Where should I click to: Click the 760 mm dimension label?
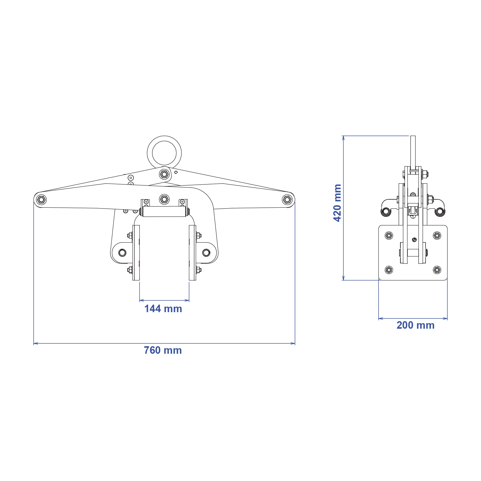(163, 350)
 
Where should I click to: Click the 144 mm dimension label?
(163, 309)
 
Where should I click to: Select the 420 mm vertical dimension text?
(337, 203)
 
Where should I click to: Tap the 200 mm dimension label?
(415, 325)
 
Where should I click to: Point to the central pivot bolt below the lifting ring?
(164, 174)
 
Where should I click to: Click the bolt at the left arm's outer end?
(41, 200)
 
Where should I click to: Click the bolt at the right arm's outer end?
(287, 200)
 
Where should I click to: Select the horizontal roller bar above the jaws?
(164, 211)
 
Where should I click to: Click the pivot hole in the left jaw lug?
(122, 253)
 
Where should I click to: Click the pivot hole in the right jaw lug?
(206, 253)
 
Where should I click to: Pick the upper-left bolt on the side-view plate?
(389, 235)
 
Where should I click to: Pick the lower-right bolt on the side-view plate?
(437, 270)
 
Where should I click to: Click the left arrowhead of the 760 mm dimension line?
(35, 343)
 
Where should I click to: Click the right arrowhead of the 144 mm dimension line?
(187, 300)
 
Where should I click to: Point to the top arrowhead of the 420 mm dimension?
(343, 138)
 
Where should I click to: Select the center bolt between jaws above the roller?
(164, 199)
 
